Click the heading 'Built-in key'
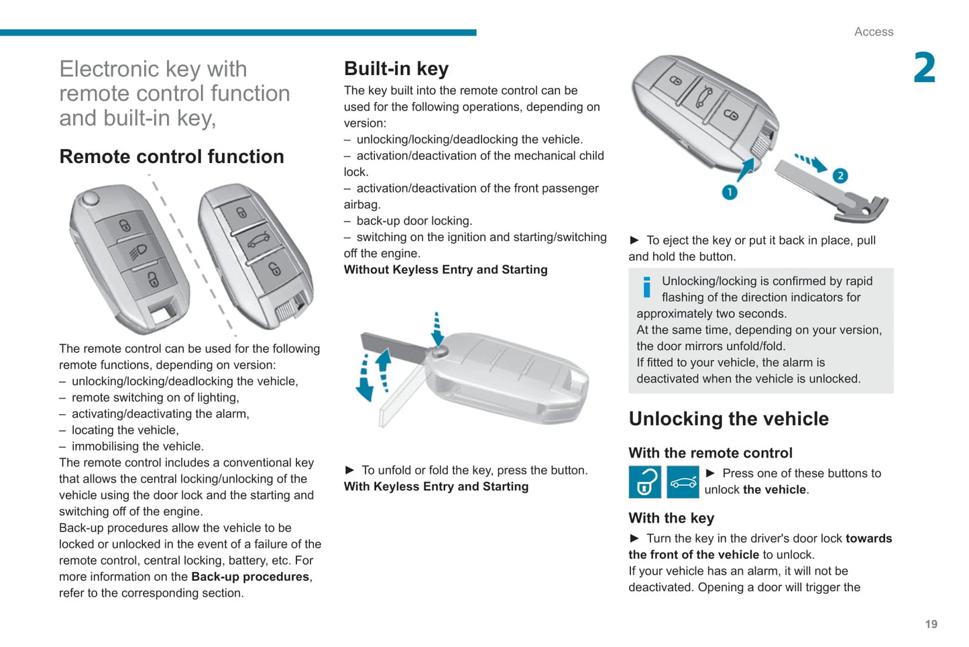396,69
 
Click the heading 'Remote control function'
172,156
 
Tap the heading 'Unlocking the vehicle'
728,419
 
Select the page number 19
931,624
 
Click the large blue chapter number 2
924,68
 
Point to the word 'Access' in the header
873,32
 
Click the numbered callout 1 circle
730,193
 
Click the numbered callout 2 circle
840,176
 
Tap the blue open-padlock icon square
644,482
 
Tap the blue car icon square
683,482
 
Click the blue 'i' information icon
646,287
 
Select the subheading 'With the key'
671,518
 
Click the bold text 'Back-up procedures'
250,577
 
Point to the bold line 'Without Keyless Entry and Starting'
445,270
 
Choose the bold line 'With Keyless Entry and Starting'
436,487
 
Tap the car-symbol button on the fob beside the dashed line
258,240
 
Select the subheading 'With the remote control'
710,453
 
